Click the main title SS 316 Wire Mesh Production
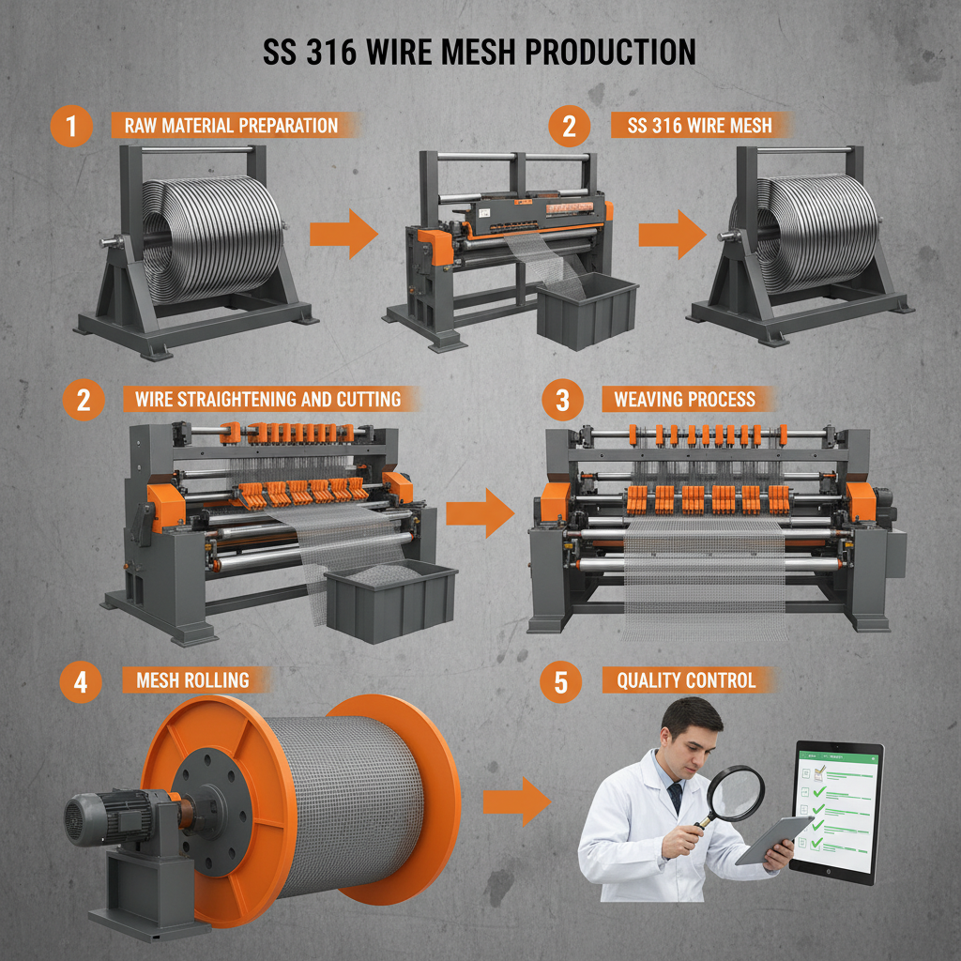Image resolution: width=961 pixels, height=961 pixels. [480, 52]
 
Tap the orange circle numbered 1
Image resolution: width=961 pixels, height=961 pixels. [70, 125]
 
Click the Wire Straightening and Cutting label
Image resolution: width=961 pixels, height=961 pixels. [267, 399]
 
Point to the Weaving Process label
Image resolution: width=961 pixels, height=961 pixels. [684, 399]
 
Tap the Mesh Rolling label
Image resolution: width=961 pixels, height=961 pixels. [192, 679]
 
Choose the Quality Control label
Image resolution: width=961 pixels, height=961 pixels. [686, 679]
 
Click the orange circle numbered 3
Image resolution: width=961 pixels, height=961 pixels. [562, 400]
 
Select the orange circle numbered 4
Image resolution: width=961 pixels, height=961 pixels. [82, 680]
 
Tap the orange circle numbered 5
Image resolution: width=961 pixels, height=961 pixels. [561, 680]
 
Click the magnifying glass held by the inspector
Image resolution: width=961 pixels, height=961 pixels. [735, 794]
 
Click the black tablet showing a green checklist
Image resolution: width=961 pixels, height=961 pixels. [836, 812]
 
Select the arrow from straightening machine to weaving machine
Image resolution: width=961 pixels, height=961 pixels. [480, 512]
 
